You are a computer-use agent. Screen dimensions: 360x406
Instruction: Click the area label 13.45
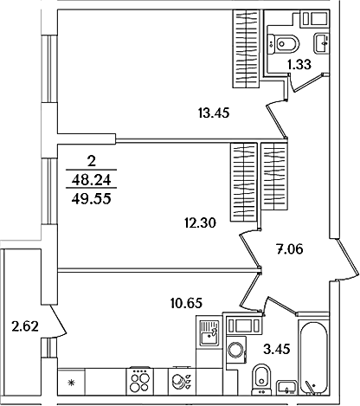pos(214,113)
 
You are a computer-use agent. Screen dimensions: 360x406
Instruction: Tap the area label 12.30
pos(200,223)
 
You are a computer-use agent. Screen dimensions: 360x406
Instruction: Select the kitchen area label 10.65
pos(186,303)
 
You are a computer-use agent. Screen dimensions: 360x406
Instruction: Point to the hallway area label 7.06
pos(290,249)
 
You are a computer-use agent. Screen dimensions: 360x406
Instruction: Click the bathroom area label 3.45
pos(277,350)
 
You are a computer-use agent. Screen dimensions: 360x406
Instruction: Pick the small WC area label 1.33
pos(299,65)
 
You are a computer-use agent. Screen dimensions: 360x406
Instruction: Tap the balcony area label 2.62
pos(25,326)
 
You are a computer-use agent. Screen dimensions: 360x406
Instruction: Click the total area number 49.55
pos(92,199)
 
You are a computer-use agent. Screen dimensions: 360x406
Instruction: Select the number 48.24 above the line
pos(92,181)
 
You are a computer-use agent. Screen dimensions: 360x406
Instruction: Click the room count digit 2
pos(92,162)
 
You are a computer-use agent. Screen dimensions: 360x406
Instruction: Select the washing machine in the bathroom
pos(236,350)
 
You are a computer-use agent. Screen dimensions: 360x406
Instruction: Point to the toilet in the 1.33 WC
pos(283,44)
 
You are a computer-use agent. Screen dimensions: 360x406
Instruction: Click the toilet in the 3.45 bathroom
pos(261,379)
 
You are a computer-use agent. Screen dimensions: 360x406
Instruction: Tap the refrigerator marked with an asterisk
pos(71,382)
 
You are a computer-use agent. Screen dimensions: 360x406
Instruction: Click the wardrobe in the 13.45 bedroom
pos(247,48)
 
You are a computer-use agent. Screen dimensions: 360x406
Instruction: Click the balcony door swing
pos(59,321)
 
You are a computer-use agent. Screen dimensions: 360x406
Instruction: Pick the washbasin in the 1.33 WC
pos(322,43)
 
